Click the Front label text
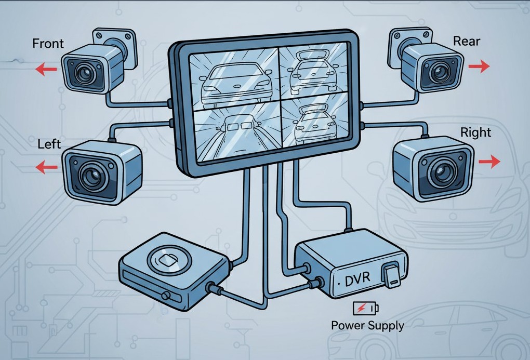(48, 43)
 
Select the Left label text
(49, 143)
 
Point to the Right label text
(475, 132)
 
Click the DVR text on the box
(358, 281)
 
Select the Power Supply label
(367, 326)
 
